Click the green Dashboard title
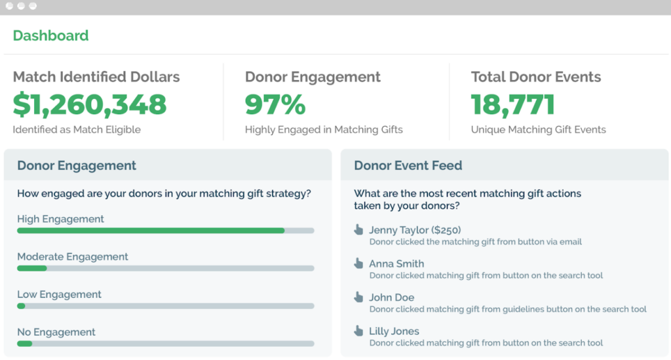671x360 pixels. pyautogui.click(x=50, y=35)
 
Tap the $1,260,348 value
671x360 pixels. pyautogui.click(x=90, y=104)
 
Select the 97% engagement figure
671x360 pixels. pyautogui.click(x=275, y=104)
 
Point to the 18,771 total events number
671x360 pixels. pyautogui.click(x=513, y=104)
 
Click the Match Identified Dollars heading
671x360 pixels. pyautogui.click(x=96, y=77)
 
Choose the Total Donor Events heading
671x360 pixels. pyautogui.click(x=535, y=77)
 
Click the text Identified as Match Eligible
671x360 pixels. pyautogui.click(x=77, y=130)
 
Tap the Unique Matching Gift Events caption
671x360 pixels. pyautogui.click(x=538, y=130)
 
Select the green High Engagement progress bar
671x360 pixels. pyautogui.click(x=151, y=231)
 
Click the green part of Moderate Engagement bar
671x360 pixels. pyautogui.click(x=32, y=268)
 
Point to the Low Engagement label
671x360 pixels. pyautogui.click(x=60, y=294)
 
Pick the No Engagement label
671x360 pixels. pyautogui.click(x=56, y=332)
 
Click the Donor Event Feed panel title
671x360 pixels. pyautogui.click(x=408, y=165)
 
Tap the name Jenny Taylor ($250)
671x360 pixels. pyautogui.click(x=415, y=230)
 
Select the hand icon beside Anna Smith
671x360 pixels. pyautogui.click(x=358, y=263)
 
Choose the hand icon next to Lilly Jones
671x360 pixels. pyautogui.click(x=358, y=330)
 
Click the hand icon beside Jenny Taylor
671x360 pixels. pyautogui.click(x=358, y=230)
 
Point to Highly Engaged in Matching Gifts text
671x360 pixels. pyautogui.click(x=324, y=130)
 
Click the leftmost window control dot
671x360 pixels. pyautogui.click(x=9, y=6)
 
